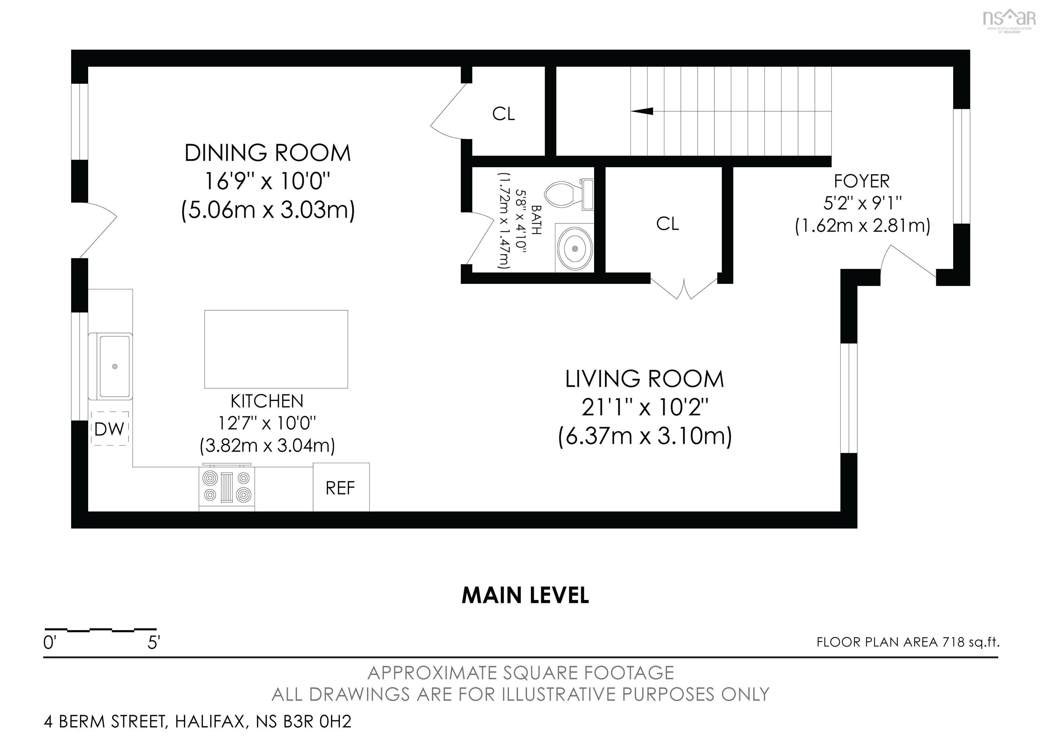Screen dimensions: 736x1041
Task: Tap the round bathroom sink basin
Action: (574, 248)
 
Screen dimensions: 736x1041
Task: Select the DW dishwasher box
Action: (110, 429)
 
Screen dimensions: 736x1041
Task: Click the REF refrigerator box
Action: (341, 488)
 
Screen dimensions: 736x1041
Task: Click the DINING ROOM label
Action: (267, 153)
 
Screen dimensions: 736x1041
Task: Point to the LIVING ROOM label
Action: (644, 379)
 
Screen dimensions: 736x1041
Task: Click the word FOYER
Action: (861, 181)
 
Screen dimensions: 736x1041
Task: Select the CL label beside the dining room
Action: (504, 114)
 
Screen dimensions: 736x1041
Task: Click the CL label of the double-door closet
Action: (668, 223)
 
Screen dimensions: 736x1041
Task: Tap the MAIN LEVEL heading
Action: (525, 595)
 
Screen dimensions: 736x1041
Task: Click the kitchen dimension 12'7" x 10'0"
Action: (267, 423)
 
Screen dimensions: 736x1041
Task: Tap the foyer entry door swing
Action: (909, 263)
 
